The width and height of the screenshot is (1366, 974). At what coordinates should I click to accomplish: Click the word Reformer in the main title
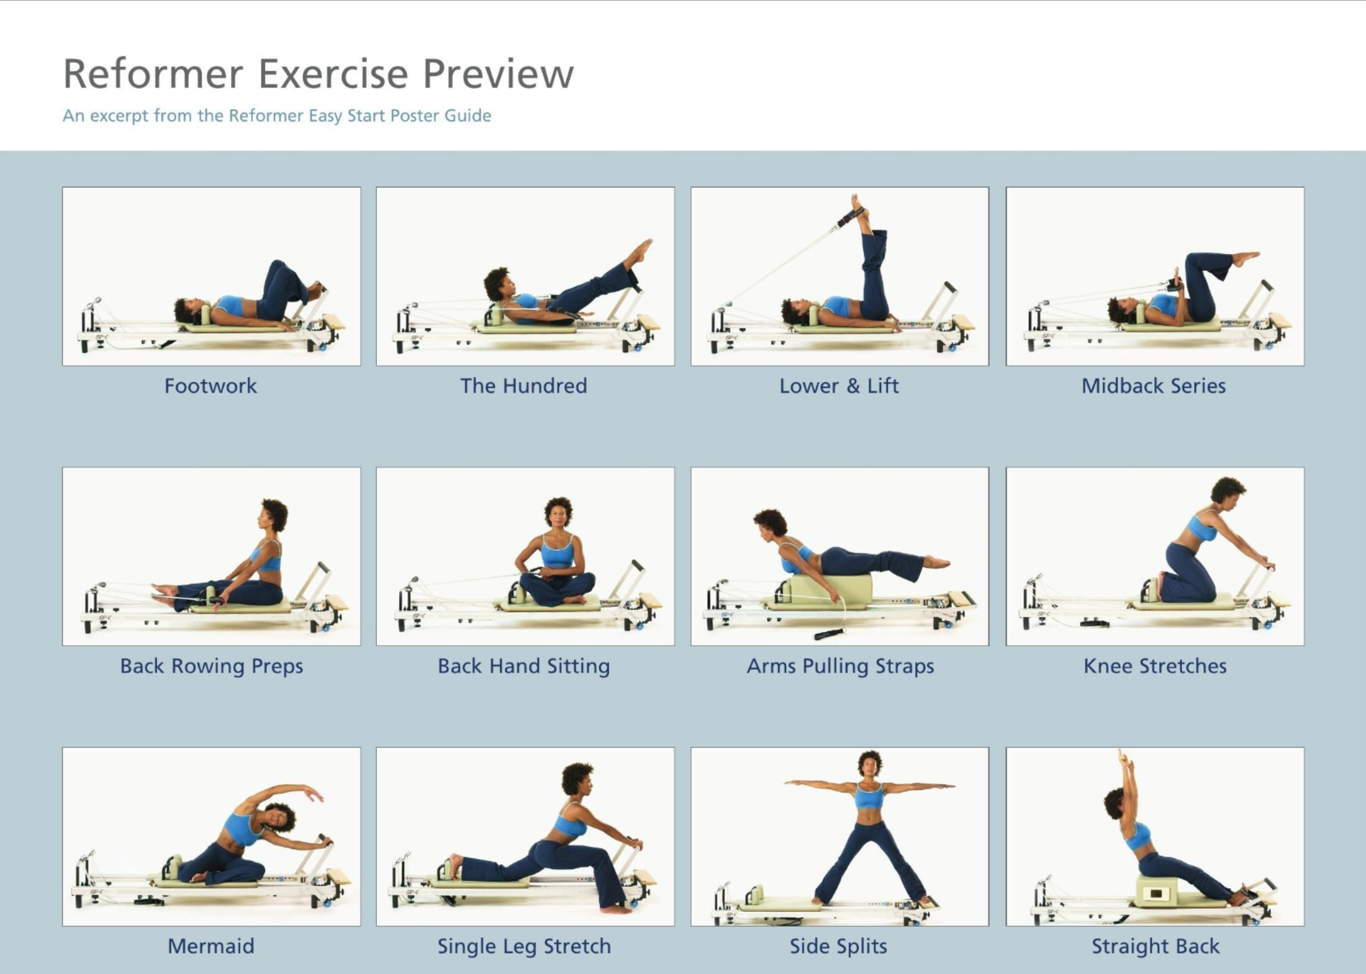153,74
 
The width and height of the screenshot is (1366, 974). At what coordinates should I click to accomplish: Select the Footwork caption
210,386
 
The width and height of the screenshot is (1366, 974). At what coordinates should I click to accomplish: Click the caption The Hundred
523,386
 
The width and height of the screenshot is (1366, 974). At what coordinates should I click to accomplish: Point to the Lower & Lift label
839,386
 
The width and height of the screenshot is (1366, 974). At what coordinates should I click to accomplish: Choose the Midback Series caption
1154,386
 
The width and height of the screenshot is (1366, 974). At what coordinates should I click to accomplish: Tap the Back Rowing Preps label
211,665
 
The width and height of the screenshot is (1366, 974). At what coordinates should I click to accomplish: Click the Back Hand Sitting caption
523,665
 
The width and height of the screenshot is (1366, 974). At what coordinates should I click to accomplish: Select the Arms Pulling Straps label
840,665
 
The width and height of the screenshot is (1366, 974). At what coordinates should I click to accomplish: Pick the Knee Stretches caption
1155,665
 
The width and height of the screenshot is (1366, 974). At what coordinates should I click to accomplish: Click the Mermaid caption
210,946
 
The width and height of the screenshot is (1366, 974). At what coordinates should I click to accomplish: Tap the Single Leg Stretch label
524,946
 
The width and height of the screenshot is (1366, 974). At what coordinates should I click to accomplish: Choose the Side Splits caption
838,946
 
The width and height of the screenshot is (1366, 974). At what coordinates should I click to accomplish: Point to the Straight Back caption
1156,946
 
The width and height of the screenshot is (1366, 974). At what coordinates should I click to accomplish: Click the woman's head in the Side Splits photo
869,764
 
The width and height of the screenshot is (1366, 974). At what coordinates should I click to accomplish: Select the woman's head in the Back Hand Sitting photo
558,512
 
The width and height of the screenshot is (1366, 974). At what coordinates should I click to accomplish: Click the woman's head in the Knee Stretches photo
1228,490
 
